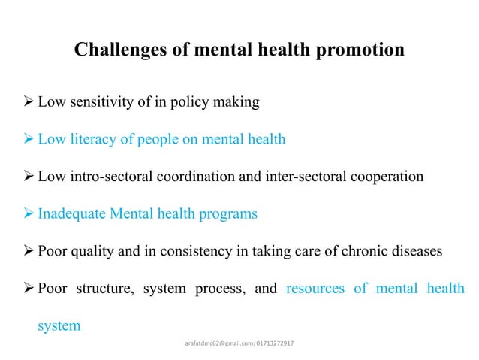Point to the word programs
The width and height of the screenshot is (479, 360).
[x=228, y=214]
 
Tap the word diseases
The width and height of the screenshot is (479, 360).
[x=410, y=251]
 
